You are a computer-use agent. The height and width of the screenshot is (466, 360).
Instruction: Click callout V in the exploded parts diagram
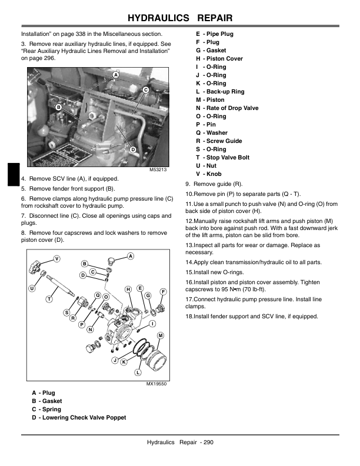(56, 259)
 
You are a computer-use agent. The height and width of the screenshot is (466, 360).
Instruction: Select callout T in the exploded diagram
(50, 299)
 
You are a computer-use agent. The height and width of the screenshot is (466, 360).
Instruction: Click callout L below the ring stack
(138, 372)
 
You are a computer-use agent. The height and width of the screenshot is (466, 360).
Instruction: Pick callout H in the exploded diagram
(128, 289)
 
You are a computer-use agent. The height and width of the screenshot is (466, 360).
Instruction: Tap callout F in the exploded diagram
(163, 291)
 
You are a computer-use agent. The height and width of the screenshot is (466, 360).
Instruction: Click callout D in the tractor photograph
(133, 149)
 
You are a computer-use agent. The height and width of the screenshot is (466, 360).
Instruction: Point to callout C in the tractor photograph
(145, 89)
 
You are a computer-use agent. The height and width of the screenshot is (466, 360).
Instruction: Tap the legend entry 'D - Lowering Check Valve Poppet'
(79, 417)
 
